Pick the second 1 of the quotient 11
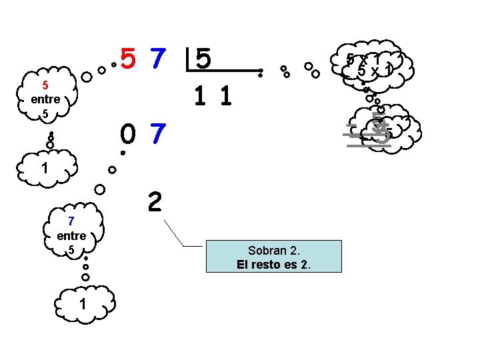[225, 97]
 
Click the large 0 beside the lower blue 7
[129, 135]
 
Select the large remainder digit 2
[154, 201]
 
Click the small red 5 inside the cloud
[45, 85]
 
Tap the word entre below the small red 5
[45, 99]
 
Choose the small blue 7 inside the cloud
[71, 221]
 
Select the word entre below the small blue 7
[71, 235]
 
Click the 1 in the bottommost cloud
[82, 304]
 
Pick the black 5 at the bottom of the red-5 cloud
[45, 114]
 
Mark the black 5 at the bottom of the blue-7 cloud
[71, 250]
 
